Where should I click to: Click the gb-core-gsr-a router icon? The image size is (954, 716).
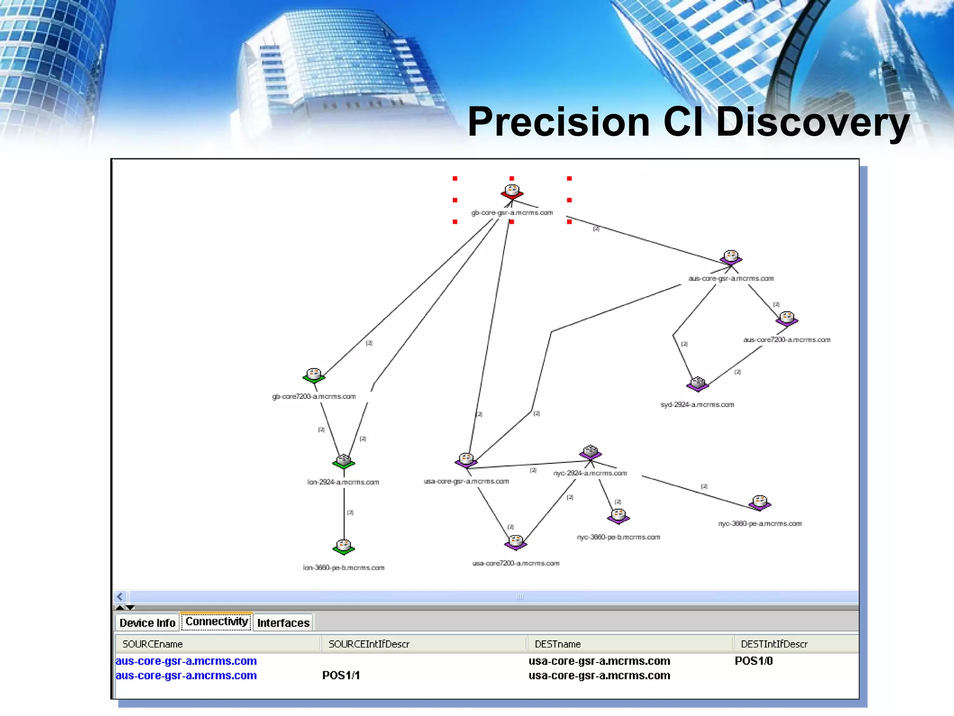512,191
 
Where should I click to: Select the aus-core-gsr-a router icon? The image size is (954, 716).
731,257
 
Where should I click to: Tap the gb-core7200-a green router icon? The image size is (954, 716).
314,375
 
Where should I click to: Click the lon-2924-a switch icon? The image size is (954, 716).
344,461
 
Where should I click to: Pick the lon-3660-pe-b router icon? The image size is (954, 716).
344,546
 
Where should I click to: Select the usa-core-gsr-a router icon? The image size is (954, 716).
466,460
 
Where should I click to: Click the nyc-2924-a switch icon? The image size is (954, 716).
590,452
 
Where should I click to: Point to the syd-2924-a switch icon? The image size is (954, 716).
697,384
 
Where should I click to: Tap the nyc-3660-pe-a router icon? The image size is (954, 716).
760,503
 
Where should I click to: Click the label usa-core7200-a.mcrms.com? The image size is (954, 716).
516,563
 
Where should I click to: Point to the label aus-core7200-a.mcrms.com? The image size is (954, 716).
787,340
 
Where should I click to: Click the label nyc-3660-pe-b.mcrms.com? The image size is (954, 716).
618,537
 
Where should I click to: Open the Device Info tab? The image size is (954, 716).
147,623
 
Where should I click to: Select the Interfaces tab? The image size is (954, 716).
283,623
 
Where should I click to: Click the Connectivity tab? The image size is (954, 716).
217,621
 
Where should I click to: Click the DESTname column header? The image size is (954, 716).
558,644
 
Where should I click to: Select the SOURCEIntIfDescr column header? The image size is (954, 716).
369,644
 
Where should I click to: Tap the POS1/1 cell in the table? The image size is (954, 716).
341,675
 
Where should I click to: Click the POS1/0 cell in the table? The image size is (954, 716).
754,661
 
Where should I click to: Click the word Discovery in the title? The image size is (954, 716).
812,122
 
